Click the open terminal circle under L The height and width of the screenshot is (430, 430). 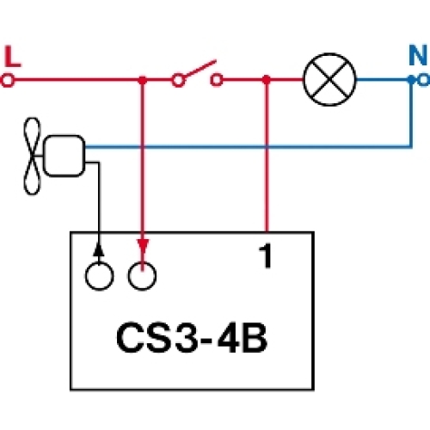tap(9, 80)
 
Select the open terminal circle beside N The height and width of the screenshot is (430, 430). tap(421, 80)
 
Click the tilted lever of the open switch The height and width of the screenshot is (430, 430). tap(197, 72)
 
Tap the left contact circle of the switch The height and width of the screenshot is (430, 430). tap(178, 80)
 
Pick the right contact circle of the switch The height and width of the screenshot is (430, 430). tap(218, 80)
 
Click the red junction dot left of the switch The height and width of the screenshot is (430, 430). tap(142, 80)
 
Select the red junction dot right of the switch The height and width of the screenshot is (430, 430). tap(267, 80)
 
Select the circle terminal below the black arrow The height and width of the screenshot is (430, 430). tap(99, 276)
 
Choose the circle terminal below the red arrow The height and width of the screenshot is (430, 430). tap(143, 276)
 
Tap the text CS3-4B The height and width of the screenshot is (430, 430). tap(190, 337)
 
